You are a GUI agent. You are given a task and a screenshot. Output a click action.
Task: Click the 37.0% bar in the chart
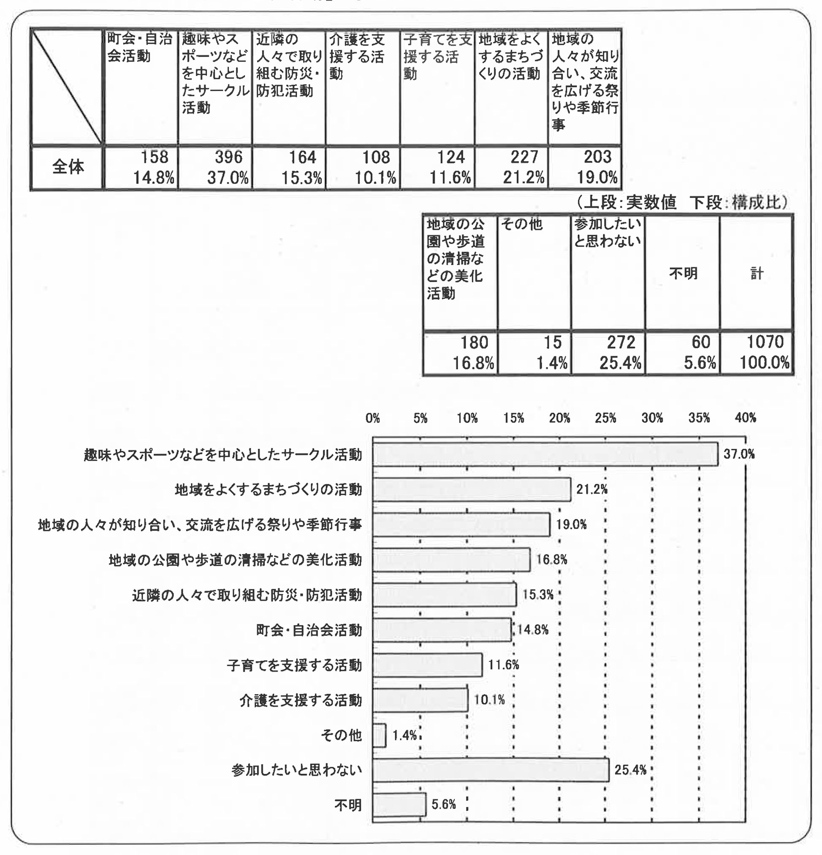point(545,455)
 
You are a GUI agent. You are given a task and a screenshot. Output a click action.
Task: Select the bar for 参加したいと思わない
point(491,770)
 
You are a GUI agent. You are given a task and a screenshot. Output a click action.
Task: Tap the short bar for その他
point(380,736)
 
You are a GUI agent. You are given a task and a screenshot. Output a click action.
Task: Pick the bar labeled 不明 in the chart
point(399,805)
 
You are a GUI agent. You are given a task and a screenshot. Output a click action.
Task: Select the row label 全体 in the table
point(68,168)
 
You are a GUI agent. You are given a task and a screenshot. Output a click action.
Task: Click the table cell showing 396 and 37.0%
point(215,168)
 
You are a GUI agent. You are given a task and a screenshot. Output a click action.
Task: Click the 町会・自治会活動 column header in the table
point(141,48)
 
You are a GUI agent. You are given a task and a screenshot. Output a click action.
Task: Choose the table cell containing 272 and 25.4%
point(608,353)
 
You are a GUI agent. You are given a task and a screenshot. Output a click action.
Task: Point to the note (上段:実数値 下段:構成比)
point(682,202)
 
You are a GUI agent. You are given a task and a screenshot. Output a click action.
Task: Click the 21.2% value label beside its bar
point(592,489)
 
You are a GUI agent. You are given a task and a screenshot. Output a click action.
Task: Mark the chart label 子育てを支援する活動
point(294,665)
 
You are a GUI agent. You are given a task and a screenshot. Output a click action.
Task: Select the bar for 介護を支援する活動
point(420,700)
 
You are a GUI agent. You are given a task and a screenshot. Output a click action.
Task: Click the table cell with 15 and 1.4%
point(534,353)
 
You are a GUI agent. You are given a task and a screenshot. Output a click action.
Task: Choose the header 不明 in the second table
point(683,274)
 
